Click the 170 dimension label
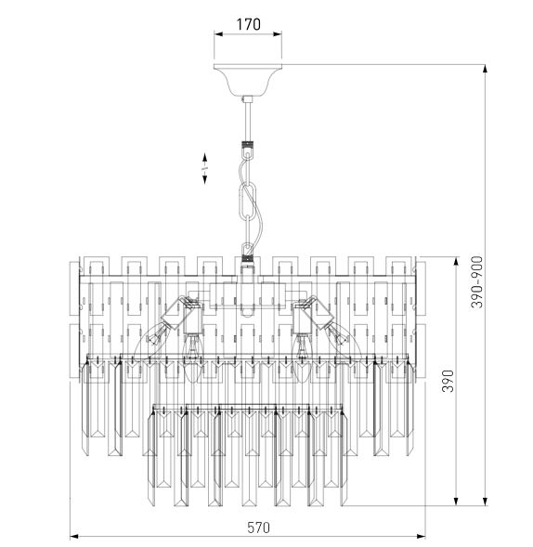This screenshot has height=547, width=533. [x=248, y=24]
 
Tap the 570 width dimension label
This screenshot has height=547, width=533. [x=258, y=527]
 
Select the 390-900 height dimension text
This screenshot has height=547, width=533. [x=477, y=282]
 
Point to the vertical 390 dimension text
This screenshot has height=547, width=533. [x=448, y=381]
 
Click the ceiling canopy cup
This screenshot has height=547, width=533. [x=248, y=80]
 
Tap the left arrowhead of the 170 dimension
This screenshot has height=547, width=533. [x=218, y=34]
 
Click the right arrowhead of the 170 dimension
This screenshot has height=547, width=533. [x=278, y=34]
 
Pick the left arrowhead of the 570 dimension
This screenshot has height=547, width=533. [x=74, y=536]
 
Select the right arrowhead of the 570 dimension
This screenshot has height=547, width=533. [x=421, y=536]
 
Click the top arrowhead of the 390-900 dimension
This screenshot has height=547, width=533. [x=485, y=69]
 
